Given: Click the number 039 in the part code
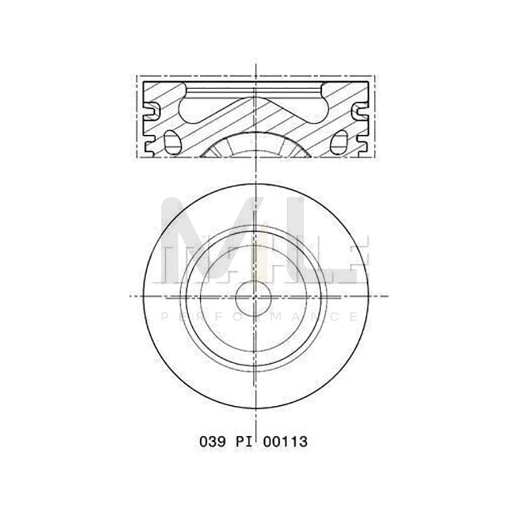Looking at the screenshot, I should (212, 442).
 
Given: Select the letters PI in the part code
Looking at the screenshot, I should (245, 442).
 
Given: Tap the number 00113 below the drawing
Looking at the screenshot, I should (285, 442).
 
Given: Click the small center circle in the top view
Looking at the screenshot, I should (253, 298).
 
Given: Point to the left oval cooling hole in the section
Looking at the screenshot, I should (170, 141).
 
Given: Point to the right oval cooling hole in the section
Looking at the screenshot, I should (341, 141).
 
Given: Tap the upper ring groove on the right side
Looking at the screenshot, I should (360, 110).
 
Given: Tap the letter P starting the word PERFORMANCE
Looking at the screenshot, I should (163, 317).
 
